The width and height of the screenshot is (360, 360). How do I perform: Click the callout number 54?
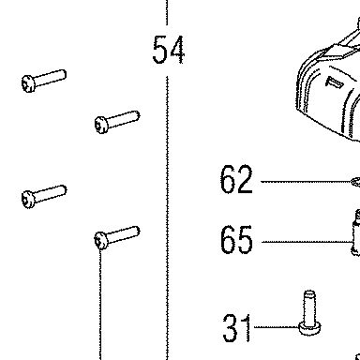169,50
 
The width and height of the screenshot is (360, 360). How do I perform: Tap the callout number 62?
236,179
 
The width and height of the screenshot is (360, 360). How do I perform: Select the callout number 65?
236,240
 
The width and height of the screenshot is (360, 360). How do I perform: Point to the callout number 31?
236,328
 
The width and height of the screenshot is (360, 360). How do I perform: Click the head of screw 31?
309,329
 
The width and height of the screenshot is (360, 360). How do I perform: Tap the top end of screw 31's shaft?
309,292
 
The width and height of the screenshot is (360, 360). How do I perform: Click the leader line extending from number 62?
306,182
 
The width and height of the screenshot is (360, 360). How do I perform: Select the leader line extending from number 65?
307,242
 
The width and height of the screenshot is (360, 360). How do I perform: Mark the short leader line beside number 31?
277,327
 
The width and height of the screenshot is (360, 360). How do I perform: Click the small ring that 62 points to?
355,182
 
